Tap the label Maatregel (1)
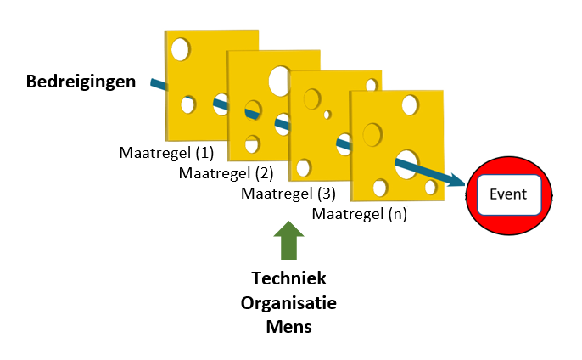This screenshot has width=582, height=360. (165, 153)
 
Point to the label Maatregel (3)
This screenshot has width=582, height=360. (288, 193)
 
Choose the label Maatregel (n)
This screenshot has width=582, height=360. (360, 214)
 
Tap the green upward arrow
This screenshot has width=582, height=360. (289, 240)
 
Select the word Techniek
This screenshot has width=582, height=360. (289, 278)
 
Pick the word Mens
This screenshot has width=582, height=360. (289, 326)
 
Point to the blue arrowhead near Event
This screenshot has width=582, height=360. (457, 180)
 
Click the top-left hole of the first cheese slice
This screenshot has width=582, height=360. (180, 49)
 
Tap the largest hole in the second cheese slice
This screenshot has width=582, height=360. (278, 81)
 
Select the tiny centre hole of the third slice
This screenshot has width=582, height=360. (327, 114)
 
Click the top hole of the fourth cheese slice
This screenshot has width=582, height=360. (410, 105)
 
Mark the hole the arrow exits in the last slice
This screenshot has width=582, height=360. (406, 163)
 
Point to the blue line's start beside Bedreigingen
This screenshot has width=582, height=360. (154, 82)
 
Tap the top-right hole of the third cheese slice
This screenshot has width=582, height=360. (371, 84)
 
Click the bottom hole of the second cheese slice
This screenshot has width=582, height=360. (252, 143)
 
